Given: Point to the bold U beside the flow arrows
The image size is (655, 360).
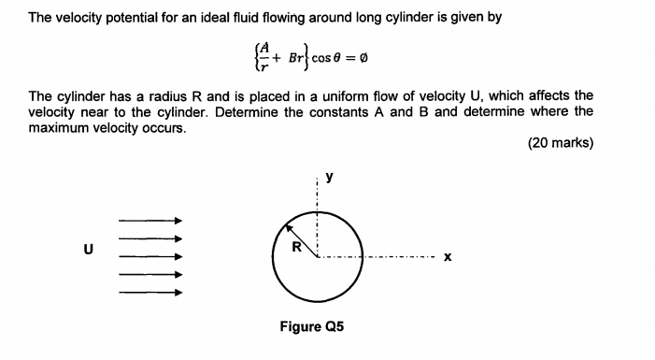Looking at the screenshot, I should tap(89, 251).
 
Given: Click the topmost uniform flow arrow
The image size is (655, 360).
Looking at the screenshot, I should tap(150, 221).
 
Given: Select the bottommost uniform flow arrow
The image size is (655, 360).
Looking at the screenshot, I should tap(150, 292).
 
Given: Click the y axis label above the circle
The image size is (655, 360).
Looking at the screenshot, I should tap(328, 175).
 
